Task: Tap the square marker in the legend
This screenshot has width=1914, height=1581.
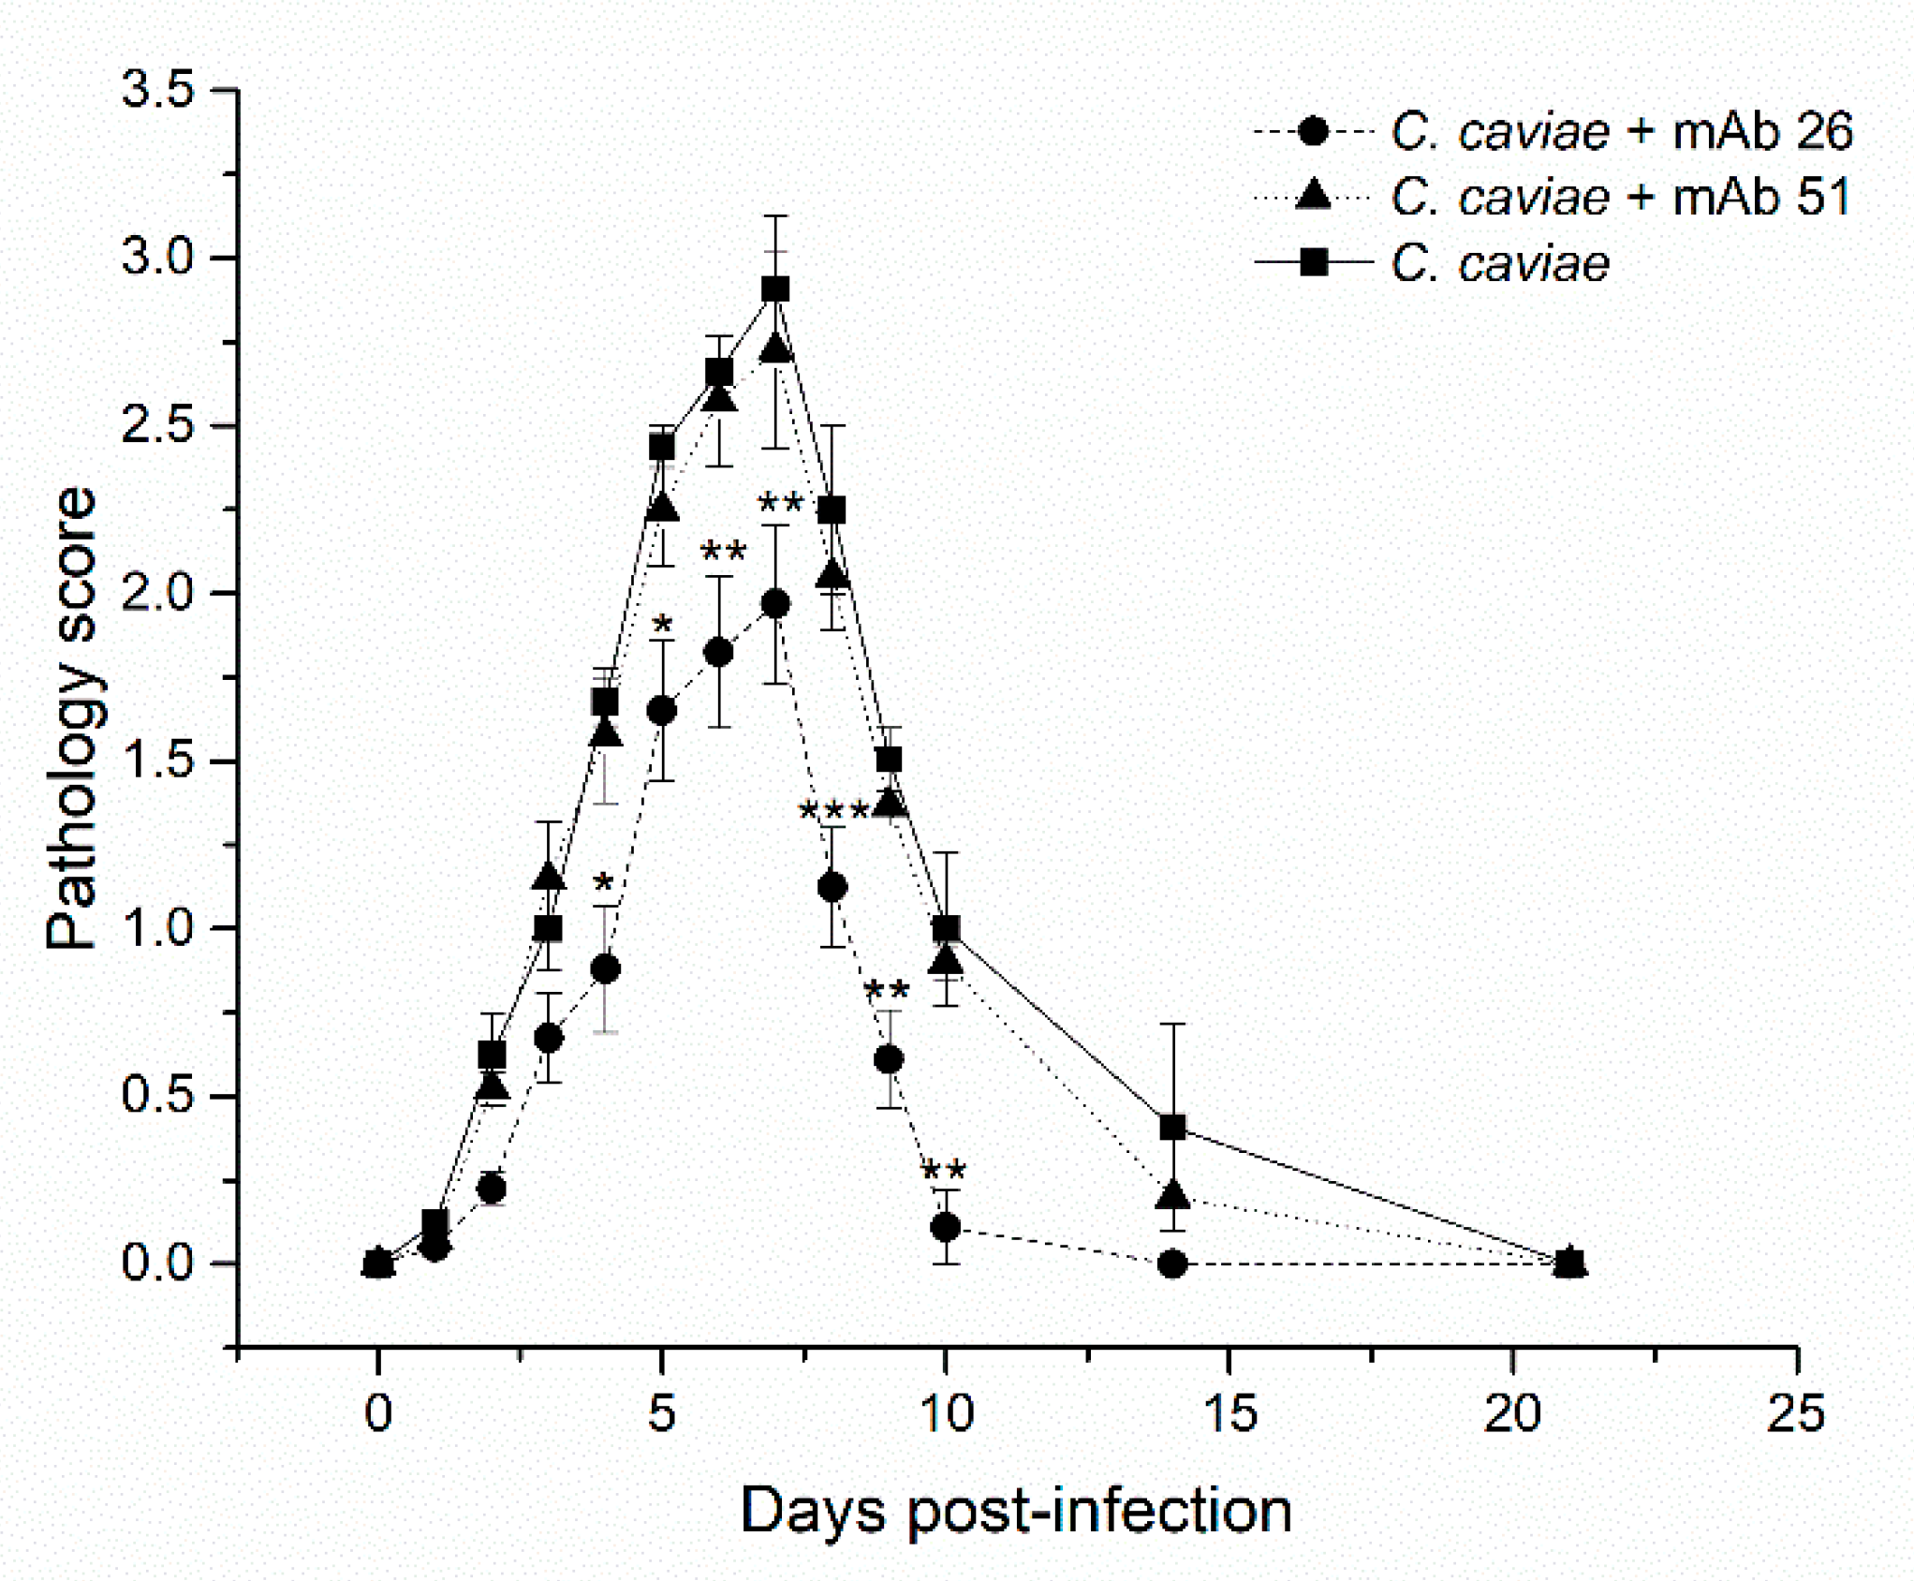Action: pyautogui.click(x=1314, y=264)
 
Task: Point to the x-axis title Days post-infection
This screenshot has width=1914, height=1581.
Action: pyautogui.click(x=1016, y=1511)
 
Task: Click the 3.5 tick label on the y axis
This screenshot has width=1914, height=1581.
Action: pyautogui.click(x=157, y=91)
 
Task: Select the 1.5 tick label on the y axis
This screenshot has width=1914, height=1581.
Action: pyautogui.click(x=157, y=761)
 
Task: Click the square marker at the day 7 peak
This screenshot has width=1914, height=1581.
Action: pyautogui.click(x=775, y=289)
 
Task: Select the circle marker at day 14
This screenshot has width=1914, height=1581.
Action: pyautogui.click(x=1172, y=1264)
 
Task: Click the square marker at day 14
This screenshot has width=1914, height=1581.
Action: pyautogui.click(x=1172, y=1128)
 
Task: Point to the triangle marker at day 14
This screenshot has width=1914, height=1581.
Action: pyautogui.click(x=1172, y=1196)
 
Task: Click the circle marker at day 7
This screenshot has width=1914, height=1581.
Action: pyautogui.click(x=775, y=605)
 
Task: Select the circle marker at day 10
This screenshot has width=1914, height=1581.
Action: pyautogui.click(x=946, y=1227)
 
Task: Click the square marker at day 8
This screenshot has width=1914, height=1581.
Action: pyautogui.click(x=832, y=510)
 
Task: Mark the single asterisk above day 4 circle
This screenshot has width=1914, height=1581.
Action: pyautogui.click(x=604, y=883)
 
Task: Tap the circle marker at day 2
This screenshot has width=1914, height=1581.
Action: pyautogui.click(x=492, y=1189)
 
